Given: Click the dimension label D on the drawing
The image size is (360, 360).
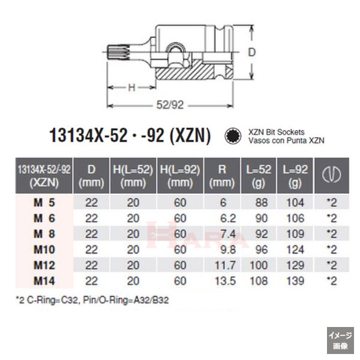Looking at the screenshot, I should pos(253,52).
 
